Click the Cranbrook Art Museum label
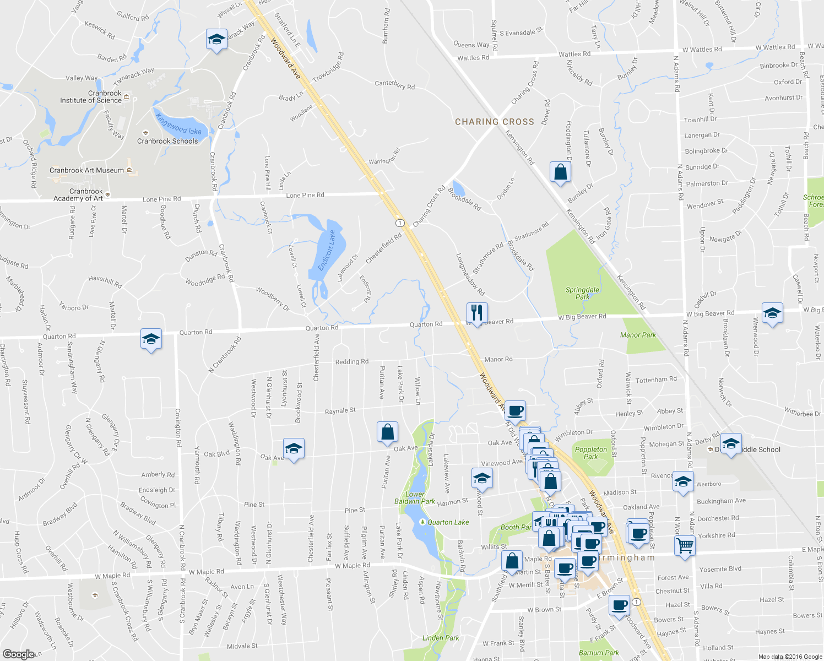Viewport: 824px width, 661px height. point(86,170)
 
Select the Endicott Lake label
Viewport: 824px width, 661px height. point(327,250)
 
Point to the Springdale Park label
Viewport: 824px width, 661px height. point(582,293)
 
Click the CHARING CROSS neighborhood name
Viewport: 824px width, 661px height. point(494,122)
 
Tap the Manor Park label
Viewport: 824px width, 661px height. point(638,335)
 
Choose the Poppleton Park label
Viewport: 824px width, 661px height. point(590,453)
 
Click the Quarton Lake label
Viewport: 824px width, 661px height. point(448,522)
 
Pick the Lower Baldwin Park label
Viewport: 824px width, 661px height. point(415,498)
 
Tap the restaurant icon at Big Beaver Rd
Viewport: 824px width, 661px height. point(476,313)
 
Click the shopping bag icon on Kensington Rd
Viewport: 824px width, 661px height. point(560,172)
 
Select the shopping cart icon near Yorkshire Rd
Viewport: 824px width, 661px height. point(684,546)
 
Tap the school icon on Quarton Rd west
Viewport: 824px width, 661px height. point(151,339)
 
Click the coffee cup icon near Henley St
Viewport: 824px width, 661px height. point(515,410)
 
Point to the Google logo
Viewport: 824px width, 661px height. point(18,654)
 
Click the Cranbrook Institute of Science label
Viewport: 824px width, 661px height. point(90,97)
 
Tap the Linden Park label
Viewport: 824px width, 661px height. point(441,638)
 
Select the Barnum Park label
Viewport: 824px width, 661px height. point(599,653)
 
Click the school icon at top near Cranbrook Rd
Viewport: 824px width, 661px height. point(216,39)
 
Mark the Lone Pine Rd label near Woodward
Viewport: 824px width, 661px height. point(305,196)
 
